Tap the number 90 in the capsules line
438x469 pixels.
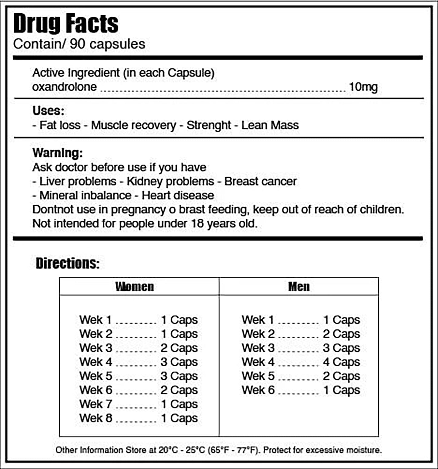tap(77, 44)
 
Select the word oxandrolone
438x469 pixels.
tap(64, 87)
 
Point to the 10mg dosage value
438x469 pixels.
tap(363, 87)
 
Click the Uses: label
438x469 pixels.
tap(48, 111)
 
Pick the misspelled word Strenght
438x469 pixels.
tap(209, 125)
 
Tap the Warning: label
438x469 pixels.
tap(58, 153)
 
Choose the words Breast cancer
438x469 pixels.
tap(260, 181)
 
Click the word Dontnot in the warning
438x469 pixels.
tap(51, 209)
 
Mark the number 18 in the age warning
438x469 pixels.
tap(197, 224)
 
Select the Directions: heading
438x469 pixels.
tap(68, 263)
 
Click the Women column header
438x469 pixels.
tap(135, 286)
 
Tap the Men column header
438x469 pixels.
tap(299, 286)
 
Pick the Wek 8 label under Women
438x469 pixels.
tap(96, 418)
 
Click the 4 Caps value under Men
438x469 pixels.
tap(341, 362)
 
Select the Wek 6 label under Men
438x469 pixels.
tap(258, 390)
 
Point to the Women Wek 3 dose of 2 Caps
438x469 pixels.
tap(179, 348)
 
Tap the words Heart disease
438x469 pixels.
tap(178, 196)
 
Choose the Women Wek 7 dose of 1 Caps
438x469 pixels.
tap(179, 404)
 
